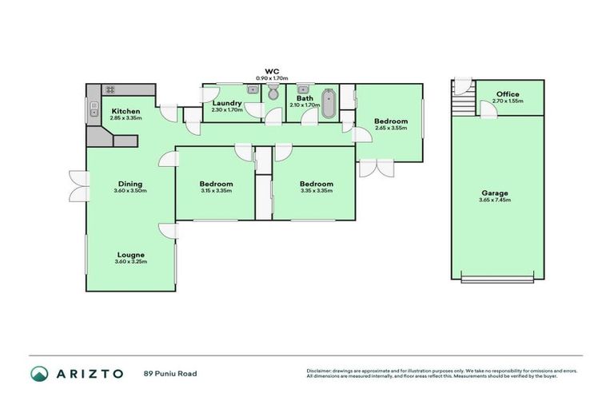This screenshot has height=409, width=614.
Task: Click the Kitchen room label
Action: click(126, 111)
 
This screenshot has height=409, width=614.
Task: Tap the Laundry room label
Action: click(227, 103)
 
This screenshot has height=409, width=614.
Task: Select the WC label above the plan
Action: click(272, 71)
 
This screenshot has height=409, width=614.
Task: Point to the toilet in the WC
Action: click(273, 94)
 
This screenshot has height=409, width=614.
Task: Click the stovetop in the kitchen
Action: click(110, 89)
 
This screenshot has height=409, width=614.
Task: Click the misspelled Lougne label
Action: click(130, 255)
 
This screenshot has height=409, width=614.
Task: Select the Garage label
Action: click(494, 193)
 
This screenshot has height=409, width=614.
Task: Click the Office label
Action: click(508, 94)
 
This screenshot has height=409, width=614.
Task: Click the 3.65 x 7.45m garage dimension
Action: click(494, 200)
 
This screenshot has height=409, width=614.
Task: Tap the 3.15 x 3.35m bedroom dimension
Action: click(216, 191)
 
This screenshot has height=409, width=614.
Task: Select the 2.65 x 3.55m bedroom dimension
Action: click(391, 129)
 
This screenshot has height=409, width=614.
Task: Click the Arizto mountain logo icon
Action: click(39, 373)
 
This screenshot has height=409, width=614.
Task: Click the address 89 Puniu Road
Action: click(170, 373)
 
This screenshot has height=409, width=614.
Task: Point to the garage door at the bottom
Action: click(496, 278)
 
